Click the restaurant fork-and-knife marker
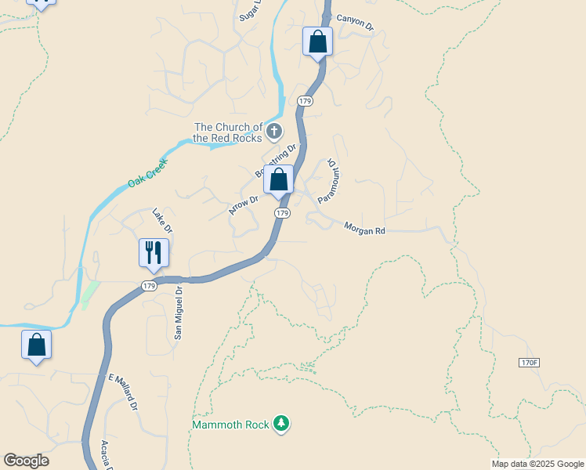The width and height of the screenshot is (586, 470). [154, 253]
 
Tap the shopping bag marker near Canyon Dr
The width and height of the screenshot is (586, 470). [317, 42]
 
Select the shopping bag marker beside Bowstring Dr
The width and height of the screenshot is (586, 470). [278, 179]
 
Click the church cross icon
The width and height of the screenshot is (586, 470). [273, 132]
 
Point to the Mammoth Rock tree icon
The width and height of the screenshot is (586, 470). [281, 425]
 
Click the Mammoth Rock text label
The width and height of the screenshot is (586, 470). [231, 425]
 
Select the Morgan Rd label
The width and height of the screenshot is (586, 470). [365, 228]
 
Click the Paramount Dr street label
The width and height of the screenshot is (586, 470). [328, 181]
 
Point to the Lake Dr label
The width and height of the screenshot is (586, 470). [162, 220]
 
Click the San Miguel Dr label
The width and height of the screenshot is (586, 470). [179, 312]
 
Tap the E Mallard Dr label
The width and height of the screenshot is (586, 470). [123, 393]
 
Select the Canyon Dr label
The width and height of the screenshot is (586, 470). [356, 22]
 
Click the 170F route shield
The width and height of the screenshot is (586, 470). [530, 363]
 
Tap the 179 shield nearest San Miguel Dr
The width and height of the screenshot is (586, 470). [150, 286]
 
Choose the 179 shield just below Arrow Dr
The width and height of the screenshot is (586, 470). [283, 213]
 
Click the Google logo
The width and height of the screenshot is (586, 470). [26, 461]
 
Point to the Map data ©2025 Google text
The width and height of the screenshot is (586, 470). [537, 464]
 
